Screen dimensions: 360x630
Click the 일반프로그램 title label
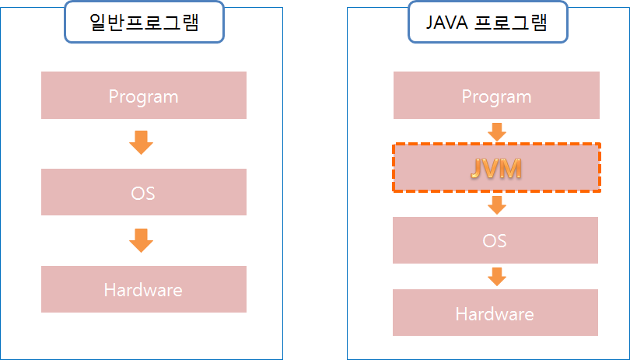[142, 22]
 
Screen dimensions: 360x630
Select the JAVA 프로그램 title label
[488, 22]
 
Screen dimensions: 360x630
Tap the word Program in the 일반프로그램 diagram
[143, 96]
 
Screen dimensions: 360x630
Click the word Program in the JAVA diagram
[496, 96]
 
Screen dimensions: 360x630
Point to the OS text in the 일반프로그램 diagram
[143, 192]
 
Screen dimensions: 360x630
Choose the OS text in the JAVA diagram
[495, 240]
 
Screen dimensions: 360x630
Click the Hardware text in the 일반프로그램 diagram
[143, 290]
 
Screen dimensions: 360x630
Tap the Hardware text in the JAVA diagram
[495, 314]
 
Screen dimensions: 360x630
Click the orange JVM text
[495, 169]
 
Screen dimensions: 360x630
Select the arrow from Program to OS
[141, 142]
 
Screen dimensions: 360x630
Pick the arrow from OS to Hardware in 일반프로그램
[141, 239]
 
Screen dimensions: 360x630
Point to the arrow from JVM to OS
[496, 204]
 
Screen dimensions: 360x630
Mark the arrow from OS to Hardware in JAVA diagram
[496, 276]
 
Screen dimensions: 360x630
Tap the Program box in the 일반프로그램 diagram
[70, 96]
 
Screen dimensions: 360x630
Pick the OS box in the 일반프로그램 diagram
[70, 192]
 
